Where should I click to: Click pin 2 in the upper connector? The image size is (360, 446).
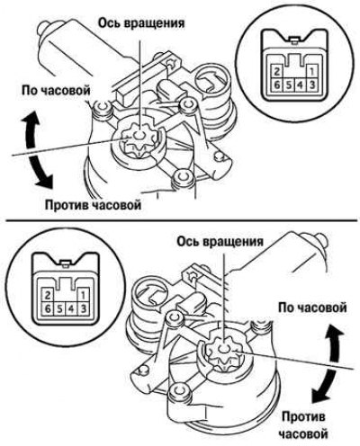pyautogui.click(x=277, y=72)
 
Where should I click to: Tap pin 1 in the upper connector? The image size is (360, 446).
pyautogui.click(x=311, y=72)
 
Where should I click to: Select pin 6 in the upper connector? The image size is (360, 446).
pyautogui.click(x=277, y=85)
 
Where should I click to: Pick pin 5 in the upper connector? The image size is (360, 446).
pyautogui.click(x=289, y=85)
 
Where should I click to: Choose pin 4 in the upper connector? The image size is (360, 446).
pyautogui.click(x=300, y=85)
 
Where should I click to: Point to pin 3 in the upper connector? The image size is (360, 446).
pyautogui.click(x=311, y=85)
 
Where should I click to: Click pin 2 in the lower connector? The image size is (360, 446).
pyautogui.click(x=48, y=296)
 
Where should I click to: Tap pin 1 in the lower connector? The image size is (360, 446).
pyautogui.click(x=83, y=296)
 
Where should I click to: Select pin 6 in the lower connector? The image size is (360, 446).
pyautogui.click(x=48, y=308)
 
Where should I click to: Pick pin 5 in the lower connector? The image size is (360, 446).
pyautogui.click(x=59, y=308)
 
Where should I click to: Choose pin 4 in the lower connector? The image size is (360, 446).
pyautogui.click(x=71, y=308)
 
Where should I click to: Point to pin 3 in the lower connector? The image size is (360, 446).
pyautogui.click(x=83, y=308)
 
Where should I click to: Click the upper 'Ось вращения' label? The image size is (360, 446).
pyautogui.click(x=141, y=23)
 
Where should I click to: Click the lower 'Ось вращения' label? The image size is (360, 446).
pyautogui.click(x=220, y=242)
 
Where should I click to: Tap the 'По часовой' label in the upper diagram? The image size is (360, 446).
pyautogui.click(x=56, y=90)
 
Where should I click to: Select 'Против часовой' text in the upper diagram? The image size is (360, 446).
pyautogui.click(x=93, y=206)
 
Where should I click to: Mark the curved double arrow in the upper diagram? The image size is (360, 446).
pyautogui.click(x=31, y=150)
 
